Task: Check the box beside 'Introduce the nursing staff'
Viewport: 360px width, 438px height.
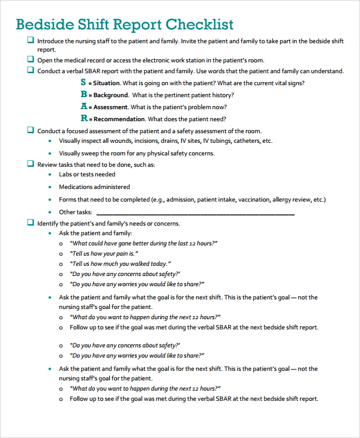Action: (30, 40)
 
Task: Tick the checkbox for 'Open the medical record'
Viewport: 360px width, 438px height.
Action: (30, 59)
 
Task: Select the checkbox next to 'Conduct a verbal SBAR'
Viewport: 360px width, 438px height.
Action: (30, 70)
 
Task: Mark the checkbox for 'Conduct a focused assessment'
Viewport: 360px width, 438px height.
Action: (30, 130)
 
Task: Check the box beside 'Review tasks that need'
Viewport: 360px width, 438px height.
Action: (30, 163)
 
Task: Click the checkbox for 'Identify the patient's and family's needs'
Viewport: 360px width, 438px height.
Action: (30, 223)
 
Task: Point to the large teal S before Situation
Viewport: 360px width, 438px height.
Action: (83, 83)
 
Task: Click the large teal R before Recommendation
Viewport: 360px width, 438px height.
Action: (84, 118)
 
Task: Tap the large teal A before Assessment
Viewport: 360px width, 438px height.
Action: (84, 106)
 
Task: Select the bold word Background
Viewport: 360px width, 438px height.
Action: (110, 95)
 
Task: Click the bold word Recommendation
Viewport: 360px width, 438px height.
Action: (119, 119)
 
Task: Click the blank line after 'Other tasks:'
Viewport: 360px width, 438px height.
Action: (195, 212)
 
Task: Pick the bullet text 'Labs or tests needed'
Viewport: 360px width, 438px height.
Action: (87, 175)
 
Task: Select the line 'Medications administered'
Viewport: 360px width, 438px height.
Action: (94, 187)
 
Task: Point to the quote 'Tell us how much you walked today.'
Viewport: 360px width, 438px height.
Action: (121, 264)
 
